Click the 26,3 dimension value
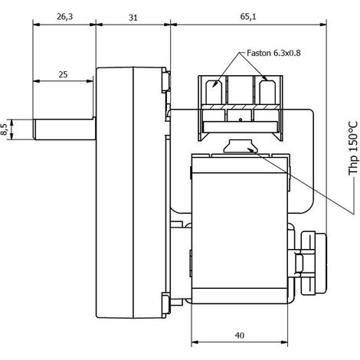(65, 17)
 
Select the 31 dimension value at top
(133, 18)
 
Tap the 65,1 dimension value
(248, 17)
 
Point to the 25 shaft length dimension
(63, 74)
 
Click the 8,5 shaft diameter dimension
(5, 129)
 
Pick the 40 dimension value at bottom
(239, 335)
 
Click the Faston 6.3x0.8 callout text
(273, 53)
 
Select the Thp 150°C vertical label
(354, 149)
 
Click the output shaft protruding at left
(64, 129)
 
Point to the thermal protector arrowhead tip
(248, 149)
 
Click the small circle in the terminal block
(240, 119)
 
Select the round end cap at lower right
(314, 263)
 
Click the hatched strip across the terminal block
(241, 106)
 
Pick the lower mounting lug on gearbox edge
(166, 303)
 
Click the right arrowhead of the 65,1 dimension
(323, 25)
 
